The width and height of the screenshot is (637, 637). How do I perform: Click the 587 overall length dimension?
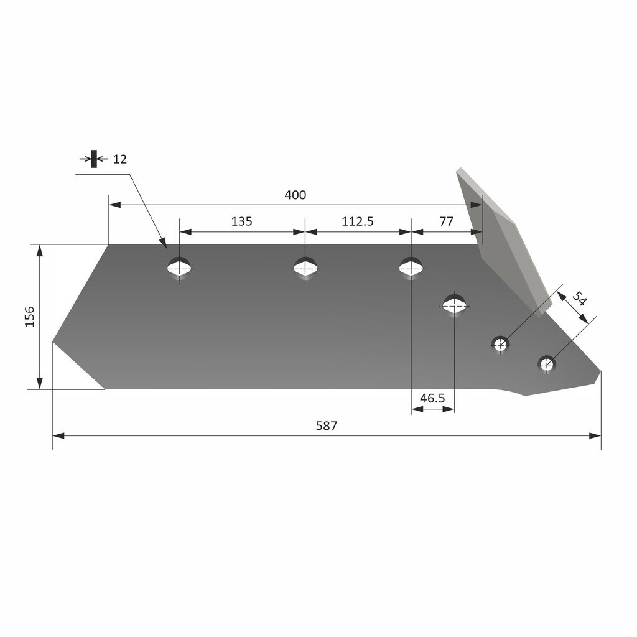pos(326,426)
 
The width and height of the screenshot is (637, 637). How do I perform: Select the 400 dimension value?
pos(295,195)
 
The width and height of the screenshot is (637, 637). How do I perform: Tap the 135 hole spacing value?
pos(241,221)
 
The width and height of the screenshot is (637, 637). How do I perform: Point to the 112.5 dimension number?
pos(357,221)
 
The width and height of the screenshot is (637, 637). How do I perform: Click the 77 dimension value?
pos(446,221)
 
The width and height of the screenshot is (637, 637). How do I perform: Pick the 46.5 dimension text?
pos(432,399)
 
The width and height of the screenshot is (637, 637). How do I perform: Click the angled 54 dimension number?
pos(579,299)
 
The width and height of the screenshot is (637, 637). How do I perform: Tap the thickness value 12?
pos(119,159)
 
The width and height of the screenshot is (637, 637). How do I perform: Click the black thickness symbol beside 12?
pos(94,159)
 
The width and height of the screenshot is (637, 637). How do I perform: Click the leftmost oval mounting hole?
pos(180,268)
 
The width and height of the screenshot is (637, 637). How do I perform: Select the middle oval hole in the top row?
pos(305,268)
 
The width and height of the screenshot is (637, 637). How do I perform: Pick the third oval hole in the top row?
pos(411,268)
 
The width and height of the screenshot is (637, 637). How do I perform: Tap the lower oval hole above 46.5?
pos(454,305)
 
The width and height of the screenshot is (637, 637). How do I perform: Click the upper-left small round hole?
pos(500,343)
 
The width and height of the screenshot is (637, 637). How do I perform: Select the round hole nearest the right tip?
pos(546,364)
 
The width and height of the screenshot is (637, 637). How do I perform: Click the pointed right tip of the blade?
pos(600,373)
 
